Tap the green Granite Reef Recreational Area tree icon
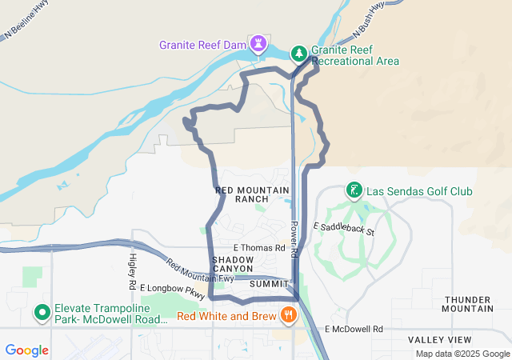pyautogui.click(x=298, y=54)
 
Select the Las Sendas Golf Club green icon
pyautogui.click(x=354, y=190)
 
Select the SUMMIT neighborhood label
pyautogui.click(x=269, y=284)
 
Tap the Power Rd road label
pyautogui.click(x=294, y=239)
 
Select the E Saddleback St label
pyautogui.click(x=344, y=229)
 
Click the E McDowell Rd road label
pyautogui.click(x=354, y=329)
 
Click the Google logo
pyautogui.click(x=26, y=350)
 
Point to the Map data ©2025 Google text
pyautogui.click(x=462, y=354)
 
